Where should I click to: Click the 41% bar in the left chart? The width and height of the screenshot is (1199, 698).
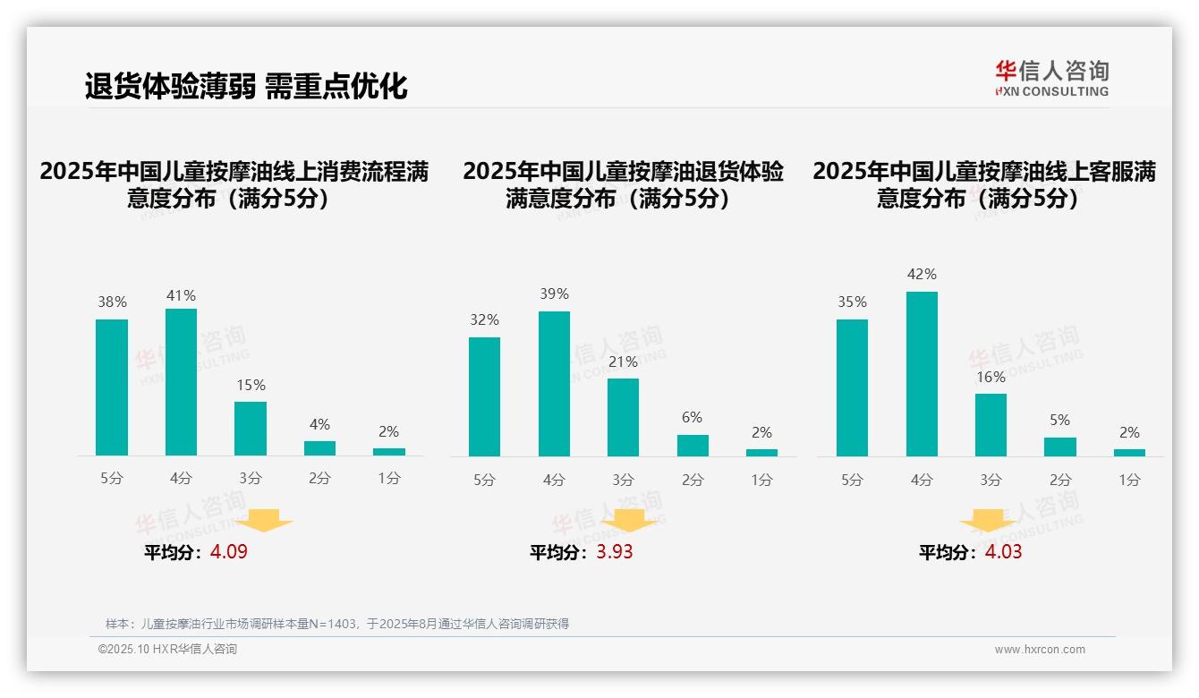(181, 382)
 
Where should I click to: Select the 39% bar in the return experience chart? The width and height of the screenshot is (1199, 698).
(554, 384)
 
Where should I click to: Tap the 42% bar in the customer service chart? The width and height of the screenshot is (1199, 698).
(922, 374)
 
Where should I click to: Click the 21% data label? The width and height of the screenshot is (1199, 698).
(623, 362)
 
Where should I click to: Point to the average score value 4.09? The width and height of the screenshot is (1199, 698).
(229, 552)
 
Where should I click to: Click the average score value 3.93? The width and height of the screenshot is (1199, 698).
(615, 552)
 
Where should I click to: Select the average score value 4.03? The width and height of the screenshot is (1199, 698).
(1003, 552)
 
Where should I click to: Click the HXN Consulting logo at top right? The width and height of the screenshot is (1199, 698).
(1051, 79)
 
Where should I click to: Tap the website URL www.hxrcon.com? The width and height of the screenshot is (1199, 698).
(1040, 650)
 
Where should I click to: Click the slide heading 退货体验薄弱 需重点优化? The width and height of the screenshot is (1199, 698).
(246, 86)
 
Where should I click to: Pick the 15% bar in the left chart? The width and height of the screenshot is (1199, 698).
(251, 429)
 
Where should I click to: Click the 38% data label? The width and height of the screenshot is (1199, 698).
(112, 302)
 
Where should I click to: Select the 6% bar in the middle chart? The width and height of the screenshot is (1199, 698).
(693, 446)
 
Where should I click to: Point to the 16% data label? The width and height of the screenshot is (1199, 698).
(991, 378)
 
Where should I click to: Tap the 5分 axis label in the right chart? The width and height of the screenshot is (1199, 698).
(852, 481)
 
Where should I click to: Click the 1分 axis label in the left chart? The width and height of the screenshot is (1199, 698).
(389, 479)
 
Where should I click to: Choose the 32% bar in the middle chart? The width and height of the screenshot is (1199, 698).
(484, 396)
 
